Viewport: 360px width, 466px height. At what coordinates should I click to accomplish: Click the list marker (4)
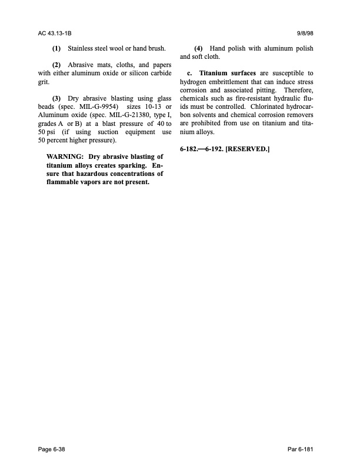(x=198, y=48)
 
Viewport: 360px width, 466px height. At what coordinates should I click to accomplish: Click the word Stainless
(x=82, y=48)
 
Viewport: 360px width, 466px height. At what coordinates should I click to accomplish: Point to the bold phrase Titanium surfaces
(x=228, y=72)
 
